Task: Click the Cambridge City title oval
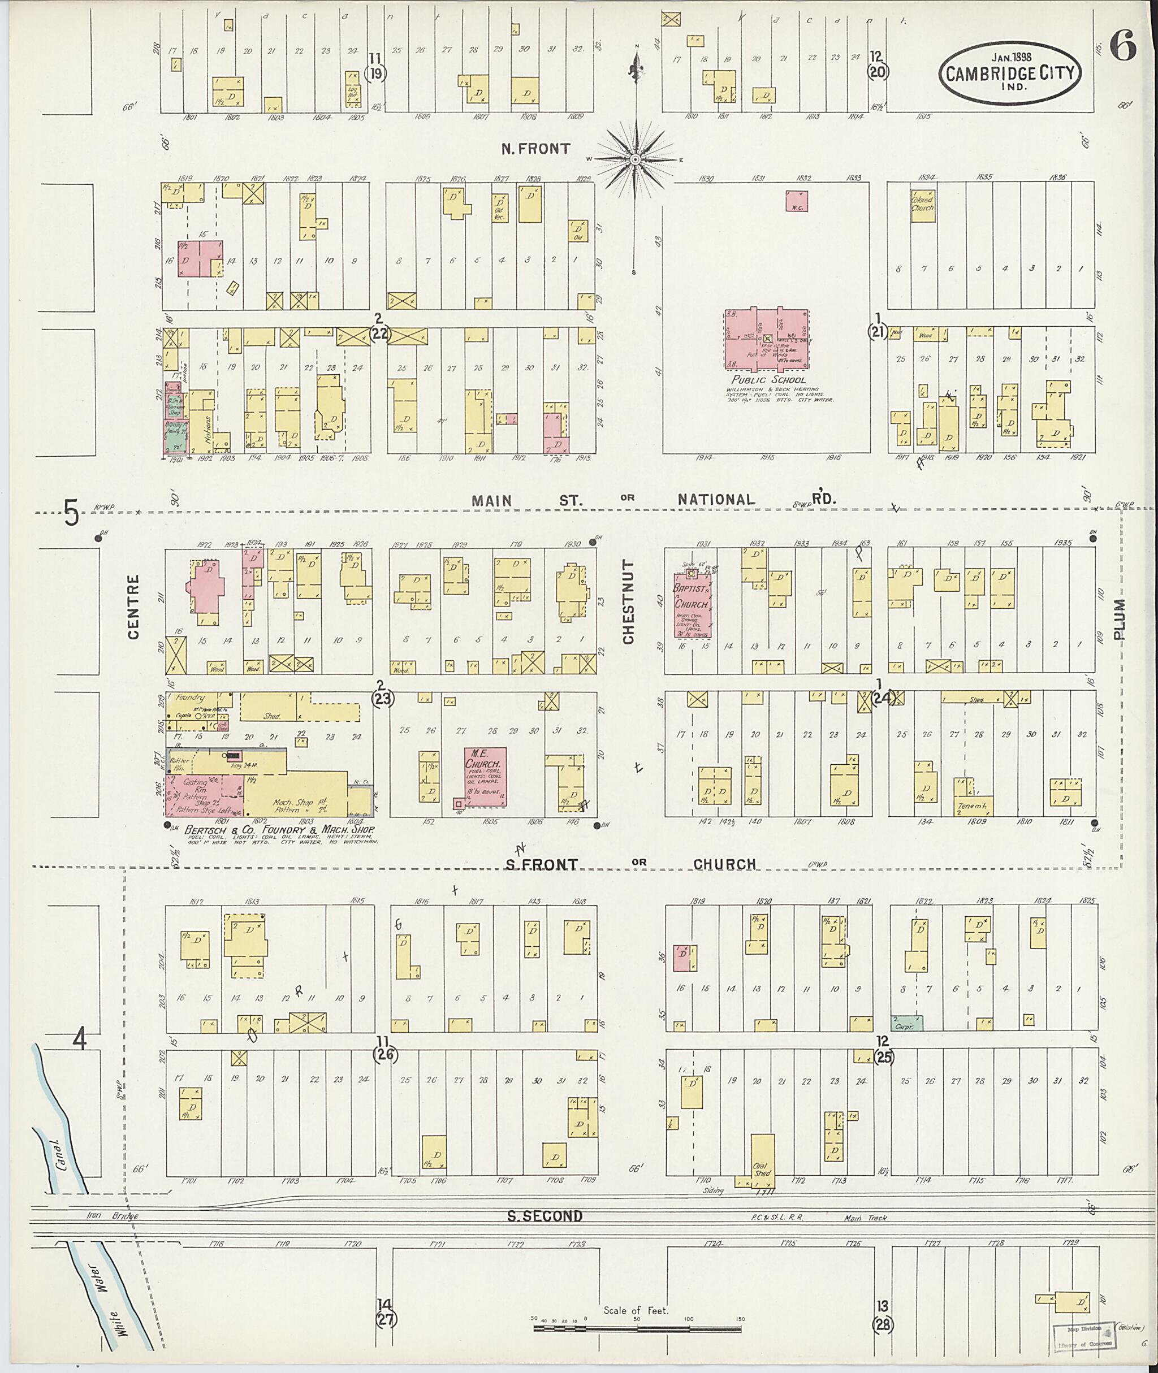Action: point(1010,73)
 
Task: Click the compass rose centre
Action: point(636,159)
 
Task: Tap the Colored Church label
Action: point(922,203)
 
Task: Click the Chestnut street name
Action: point(628,602)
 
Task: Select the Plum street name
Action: point(1120,619)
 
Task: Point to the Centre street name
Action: point(133,606)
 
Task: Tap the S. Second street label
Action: point(545,1216)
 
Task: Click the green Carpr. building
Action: point(907,1023)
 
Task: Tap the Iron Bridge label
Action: point(113,1216)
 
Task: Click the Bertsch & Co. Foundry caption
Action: point(281,830)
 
